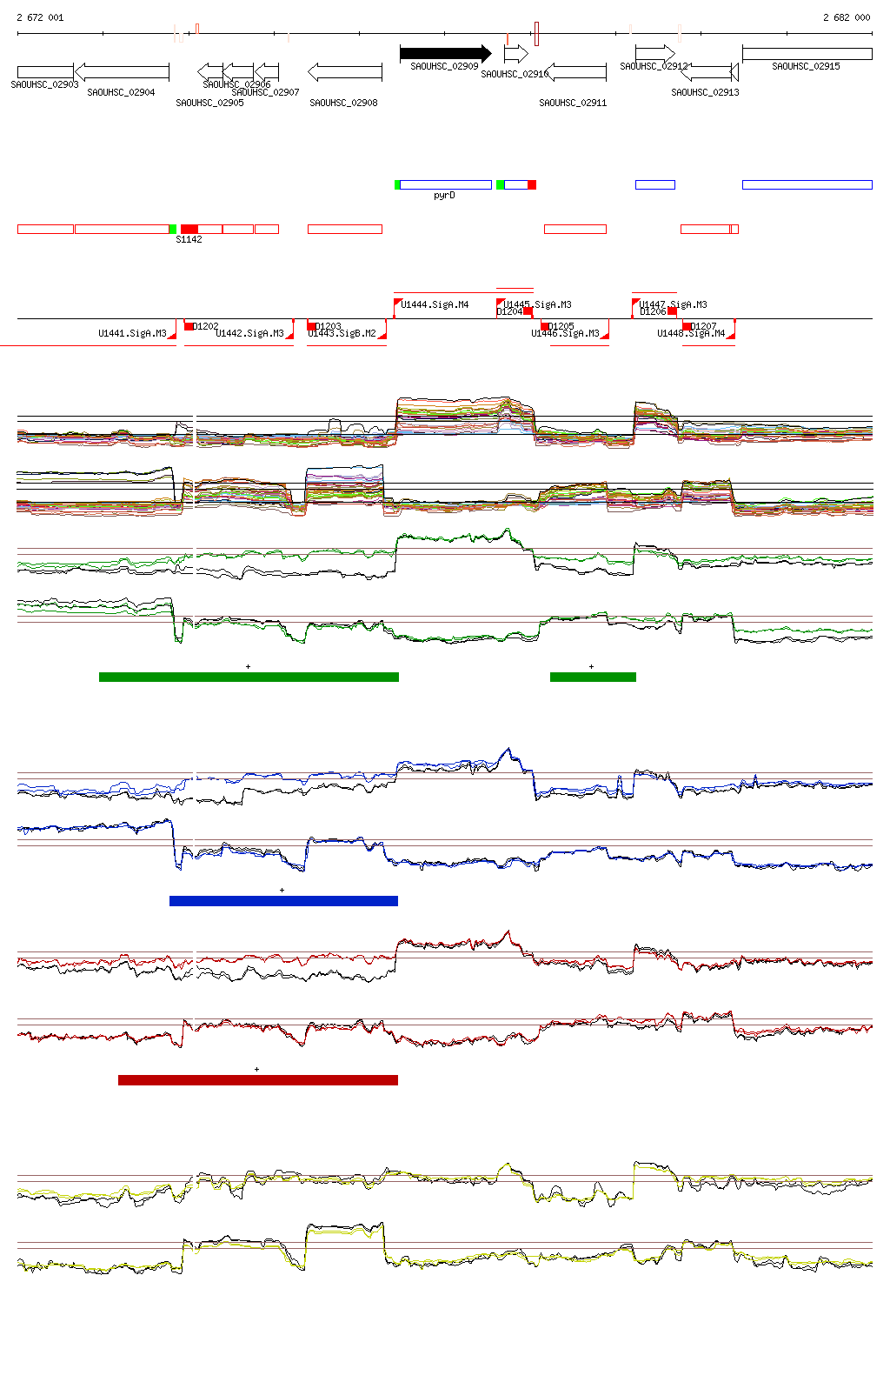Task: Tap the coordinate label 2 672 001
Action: [x=40, y=17]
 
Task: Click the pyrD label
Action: [x=444, y=196]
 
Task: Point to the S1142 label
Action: [x=189, y=239]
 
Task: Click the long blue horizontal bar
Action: [x=283, y=901]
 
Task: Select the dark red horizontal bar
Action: [x=257, y=1080]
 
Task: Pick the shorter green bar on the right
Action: [x=593, y=677]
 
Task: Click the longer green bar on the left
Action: [x=249, y=677]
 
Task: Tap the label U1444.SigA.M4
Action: [x=435, y=304]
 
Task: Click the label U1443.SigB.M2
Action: [x=342, y=333]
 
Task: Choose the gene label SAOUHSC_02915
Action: [x=806, y=66]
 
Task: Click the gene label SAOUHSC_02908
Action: [x=343, y=103]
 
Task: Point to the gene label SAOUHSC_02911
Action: [x=573, y=103]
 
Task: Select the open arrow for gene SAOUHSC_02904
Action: [x=122, y=71]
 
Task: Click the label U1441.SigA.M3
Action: [x=132, y=333]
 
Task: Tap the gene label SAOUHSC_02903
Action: [x=44, y=84]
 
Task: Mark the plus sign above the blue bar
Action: [x=282, y=890]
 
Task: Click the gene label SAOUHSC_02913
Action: [x=705, y=92]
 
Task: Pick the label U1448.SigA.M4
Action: [x=691, y=333]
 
